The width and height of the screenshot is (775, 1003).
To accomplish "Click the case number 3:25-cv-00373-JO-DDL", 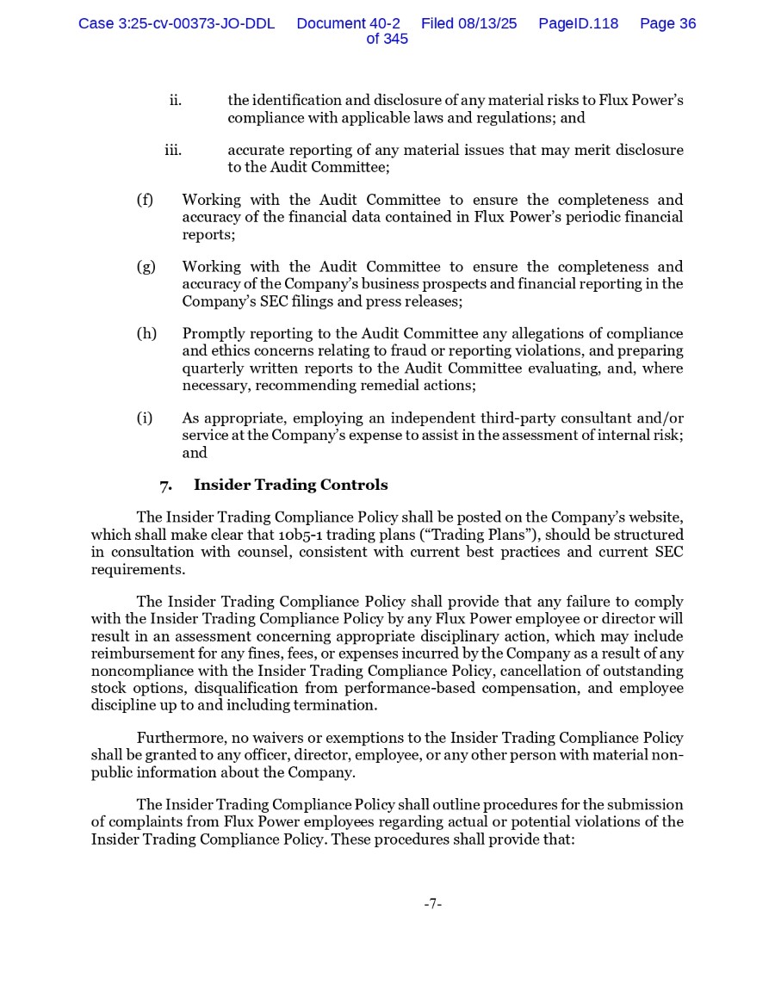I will click(x=177, y=24).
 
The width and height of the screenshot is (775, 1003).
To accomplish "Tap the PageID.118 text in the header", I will click(x=578, y=24).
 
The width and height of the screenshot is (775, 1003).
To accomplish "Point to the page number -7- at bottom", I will click(x=432, y=903).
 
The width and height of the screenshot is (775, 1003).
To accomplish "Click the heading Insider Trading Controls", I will click(x=290, y=485).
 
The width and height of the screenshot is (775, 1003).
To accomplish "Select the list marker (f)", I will click(x=145, y=200).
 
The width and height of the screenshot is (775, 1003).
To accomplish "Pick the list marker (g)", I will click(x=146, y=267).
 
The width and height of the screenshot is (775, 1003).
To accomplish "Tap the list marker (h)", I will click(x=146, y=334).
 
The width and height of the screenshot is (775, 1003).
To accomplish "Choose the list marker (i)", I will click(x=144, y=418).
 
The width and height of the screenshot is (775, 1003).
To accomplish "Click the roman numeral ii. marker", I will click(x=175, y=101).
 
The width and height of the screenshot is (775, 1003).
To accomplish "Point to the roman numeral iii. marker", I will click(x=173, y=151).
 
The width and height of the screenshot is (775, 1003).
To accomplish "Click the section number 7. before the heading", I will click(x=165, y=485).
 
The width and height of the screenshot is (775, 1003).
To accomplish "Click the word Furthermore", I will click(x=182, y=738).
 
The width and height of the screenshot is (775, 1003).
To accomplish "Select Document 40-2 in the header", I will click(x=348, y=24).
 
